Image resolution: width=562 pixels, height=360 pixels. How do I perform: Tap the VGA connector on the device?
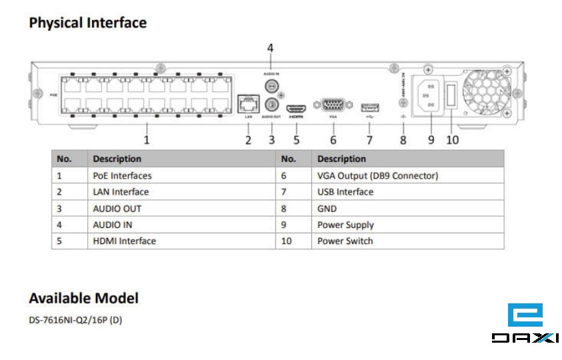[333, 105]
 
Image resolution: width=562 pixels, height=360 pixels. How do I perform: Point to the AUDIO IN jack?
[271, 85]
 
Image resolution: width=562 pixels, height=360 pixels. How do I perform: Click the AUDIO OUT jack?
[271, 104]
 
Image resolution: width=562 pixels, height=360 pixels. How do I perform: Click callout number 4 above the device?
[270, 48]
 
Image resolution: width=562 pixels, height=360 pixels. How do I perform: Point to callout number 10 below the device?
[452, 140]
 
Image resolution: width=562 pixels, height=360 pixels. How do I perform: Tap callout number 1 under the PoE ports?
[147, 140]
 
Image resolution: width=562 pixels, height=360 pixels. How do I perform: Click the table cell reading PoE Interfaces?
[122, 176]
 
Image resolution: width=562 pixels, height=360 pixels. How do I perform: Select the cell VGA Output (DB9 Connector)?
[377, 176]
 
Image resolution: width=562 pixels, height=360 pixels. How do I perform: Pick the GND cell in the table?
[327, 209]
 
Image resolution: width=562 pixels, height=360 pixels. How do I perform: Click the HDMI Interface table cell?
[124, 241]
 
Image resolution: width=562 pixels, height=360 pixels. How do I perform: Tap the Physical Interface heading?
[87, 23]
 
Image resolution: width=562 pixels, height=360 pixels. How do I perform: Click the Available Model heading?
[83, 298]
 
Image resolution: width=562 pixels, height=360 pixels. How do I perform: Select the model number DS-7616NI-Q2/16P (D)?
[75, 320]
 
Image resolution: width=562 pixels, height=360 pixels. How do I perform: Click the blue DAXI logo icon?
[525, 315]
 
